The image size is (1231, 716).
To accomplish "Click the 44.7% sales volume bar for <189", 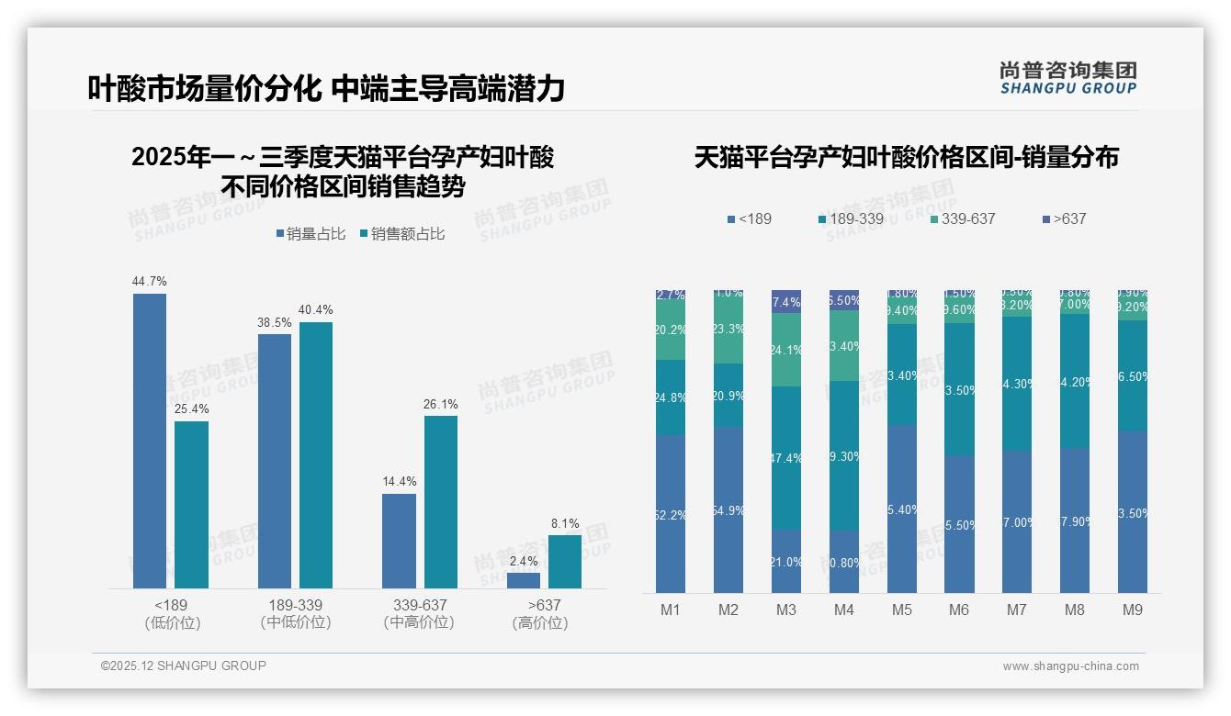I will (150, 441).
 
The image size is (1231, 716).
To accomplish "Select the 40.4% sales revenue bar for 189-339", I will (316, 454).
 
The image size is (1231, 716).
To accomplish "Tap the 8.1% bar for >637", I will (565, 561).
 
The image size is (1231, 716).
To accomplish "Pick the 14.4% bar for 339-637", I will (399, 541).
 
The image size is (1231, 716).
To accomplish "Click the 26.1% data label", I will (441, 405).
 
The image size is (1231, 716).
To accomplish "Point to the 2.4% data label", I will (523, 561).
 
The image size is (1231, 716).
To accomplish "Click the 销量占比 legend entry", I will (311, 234).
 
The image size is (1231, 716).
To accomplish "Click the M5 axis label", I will (901, 610).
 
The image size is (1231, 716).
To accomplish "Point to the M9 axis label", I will (1133, 610).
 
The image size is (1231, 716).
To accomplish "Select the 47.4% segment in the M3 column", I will (785, 458).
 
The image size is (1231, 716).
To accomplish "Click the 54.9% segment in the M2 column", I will (728, 509).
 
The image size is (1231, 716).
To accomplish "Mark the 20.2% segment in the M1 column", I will (670, 330).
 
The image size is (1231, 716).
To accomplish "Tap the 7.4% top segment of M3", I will (785, 301).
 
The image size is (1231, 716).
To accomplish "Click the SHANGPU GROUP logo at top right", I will (1067, 78).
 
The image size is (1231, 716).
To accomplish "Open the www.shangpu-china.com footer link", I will (1070, 666).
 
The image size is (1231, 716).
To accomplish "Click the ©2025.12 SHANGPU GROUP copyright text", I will (184, 666).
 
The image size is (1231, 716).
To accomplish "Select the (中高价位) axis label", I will (419, 622).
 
